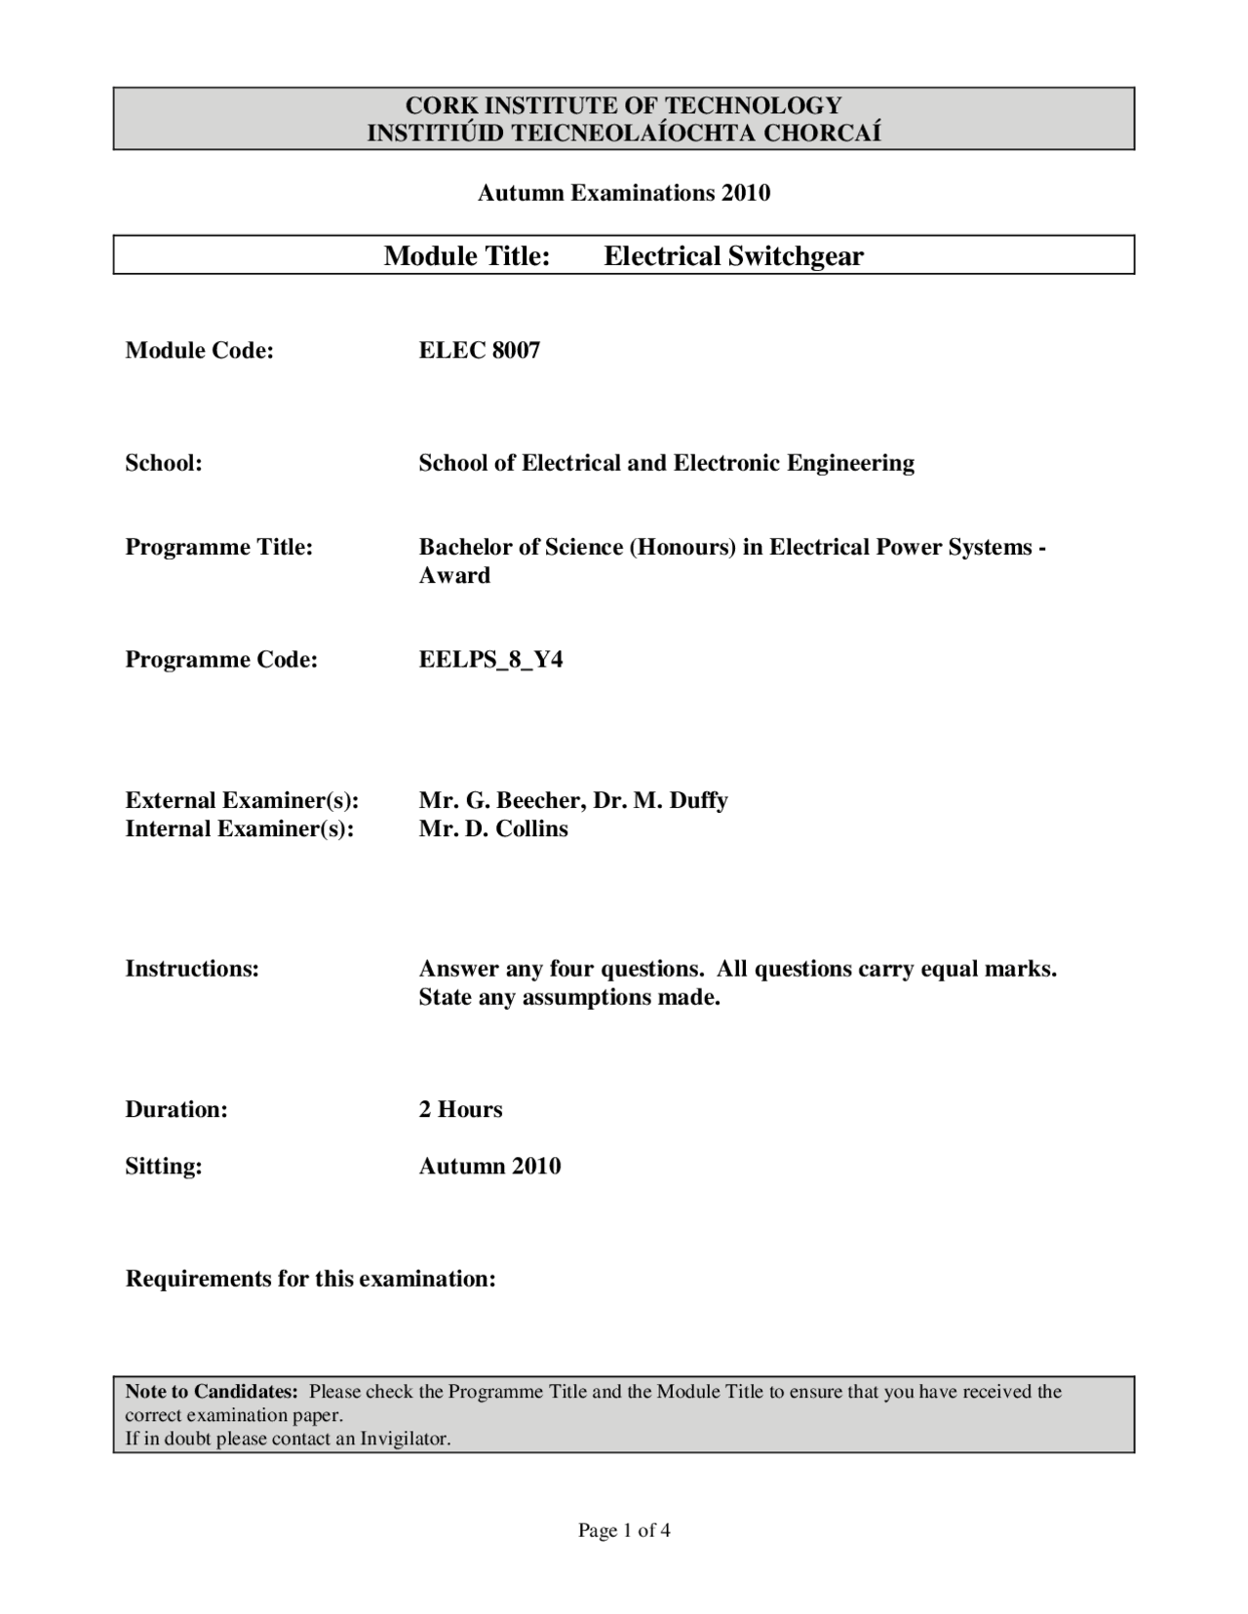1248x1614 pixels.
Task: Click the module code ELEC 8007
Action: tap(479, 351)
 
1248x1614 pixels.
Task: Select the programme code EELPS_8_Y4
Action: tap(490, 660)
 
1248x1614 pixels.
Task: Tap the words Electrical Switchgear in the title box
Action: tap(733, 256)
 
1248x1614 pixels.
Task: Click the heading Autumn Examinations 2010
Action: tap(623, 193)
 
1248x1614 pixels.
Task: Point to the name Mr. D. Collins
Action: tap(493, 828)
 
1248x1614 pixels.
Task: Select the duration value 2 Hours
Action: tap(460, 1109)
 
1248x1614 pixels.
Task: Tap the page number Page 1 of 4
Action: tap(623, 1530)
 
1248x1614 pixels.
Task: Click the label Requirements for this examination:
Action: tap(310, 1278)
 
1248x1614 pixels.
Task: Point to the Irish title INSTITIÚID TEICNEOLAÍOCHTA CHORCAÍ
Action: tap(623, 134)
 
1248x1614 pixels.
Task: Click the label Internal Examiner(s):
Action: tap(239, 828)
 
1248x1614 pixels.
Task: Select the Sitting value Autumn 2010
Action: tap(489, 1166)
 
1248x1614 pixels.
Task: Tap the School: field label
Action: tap(163, 463)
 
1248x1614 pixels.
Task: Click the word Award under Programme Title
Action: tap(454, 575)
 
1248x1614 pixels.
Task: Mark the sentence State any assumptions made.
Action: tap(569, 997)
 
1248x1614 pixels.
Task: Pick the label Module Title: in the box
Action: tap(467, 256)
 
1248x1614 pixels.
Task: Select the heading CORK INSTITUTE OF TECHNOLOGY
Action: tap(623, 105)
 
